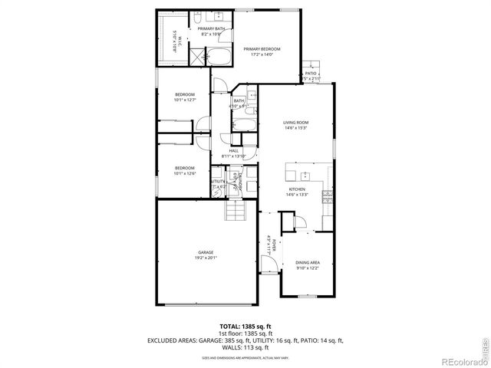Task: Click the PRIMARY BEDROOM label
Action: point(262,48)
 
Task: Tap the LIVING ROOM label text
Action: point(295,122)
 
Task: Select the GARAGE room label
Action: point(206,252)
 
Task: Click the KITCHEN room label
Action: point(297,189)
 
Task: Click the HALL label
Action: point(233,151)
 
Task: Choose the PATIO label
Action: point(311,74)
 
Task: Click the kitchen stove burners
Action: point(328,195)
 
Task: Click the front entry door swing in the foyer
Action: point(267,264)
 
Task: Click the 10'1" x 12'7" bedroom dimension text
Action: point(184,99)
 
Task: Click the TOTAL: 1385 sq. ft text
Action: point(245,327)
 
